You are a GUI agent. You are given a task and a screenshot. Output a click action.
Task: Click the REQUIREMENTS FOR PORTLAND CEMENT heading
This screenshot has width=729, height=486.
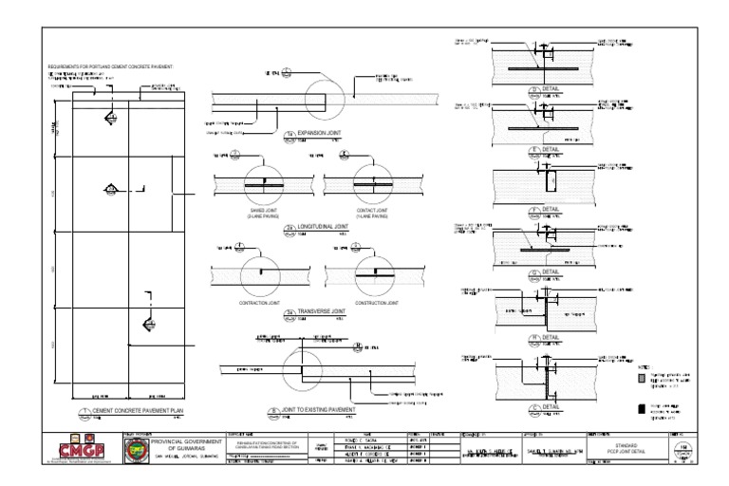coord(119,67)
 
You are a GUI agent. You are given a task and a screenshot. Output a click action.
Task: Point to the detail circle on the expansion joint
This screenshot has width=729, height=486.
coord(324,97)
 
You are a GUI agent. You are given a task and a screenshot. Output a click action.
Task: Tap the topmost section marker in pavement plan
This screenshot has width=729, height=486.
coord(110,117)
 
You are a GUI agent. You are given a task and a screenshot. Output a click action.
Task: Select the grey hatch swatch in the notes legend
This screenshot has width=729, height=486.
coord(642,377)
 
